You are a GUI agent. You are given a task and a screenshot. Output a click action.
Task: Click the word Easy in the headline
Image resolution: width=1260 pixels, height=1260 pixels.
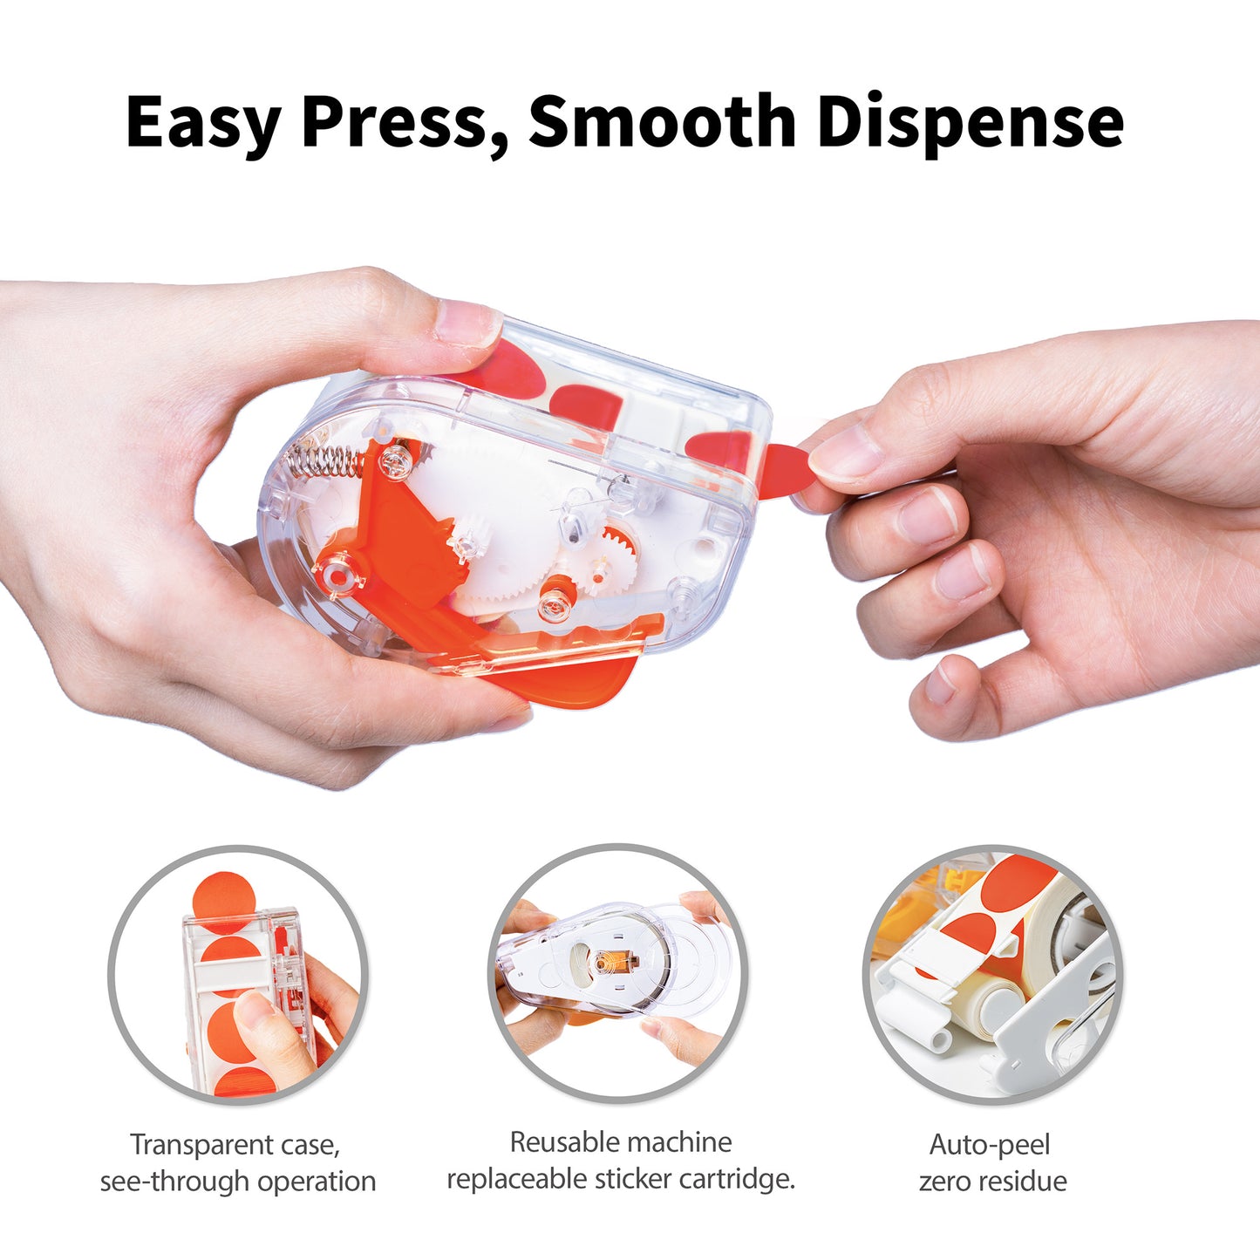coord(202,122)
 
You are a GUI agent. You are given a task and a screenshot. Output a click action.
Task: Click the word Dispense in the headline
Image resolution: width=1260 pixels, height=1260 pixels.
coord(970,122)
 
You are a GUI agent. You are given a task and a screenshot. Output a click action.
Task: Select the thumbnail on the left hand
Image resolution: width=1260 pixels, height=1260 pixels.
coord(467,322)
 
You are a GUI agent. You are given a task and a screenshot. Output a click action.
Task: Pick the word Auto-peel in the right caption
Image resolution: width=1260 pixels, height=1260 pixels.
coord(990,1144)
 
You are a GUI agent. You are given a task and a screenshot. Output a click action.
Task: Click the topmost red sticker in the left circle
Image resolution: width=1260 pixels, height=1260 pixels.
coord(223,898)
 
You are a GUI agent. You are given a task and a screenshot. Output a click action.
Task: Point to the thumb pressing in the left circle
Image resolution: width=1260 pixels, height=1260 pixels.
coord(270,1029)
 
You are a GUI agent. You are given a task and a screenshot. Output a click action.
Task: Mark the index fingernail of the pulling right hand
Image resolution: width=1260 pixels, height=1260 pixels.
coord(847,453)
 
